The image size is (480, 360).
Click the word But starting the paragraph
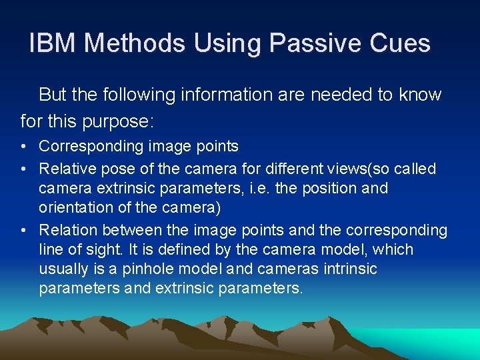click(x=53, y=95)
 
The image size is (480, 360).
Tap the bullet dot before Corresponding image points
click(x=24, y=146)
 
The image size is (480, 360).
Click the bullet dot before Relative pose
click(x=24, y=169)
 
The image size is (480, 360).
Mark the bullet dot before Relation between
click(x=24, y=231)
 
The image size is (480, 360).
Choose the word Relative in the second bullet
click(x=65, y=169)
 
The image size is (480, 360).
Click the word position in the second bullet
click(x=331, y=188)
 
